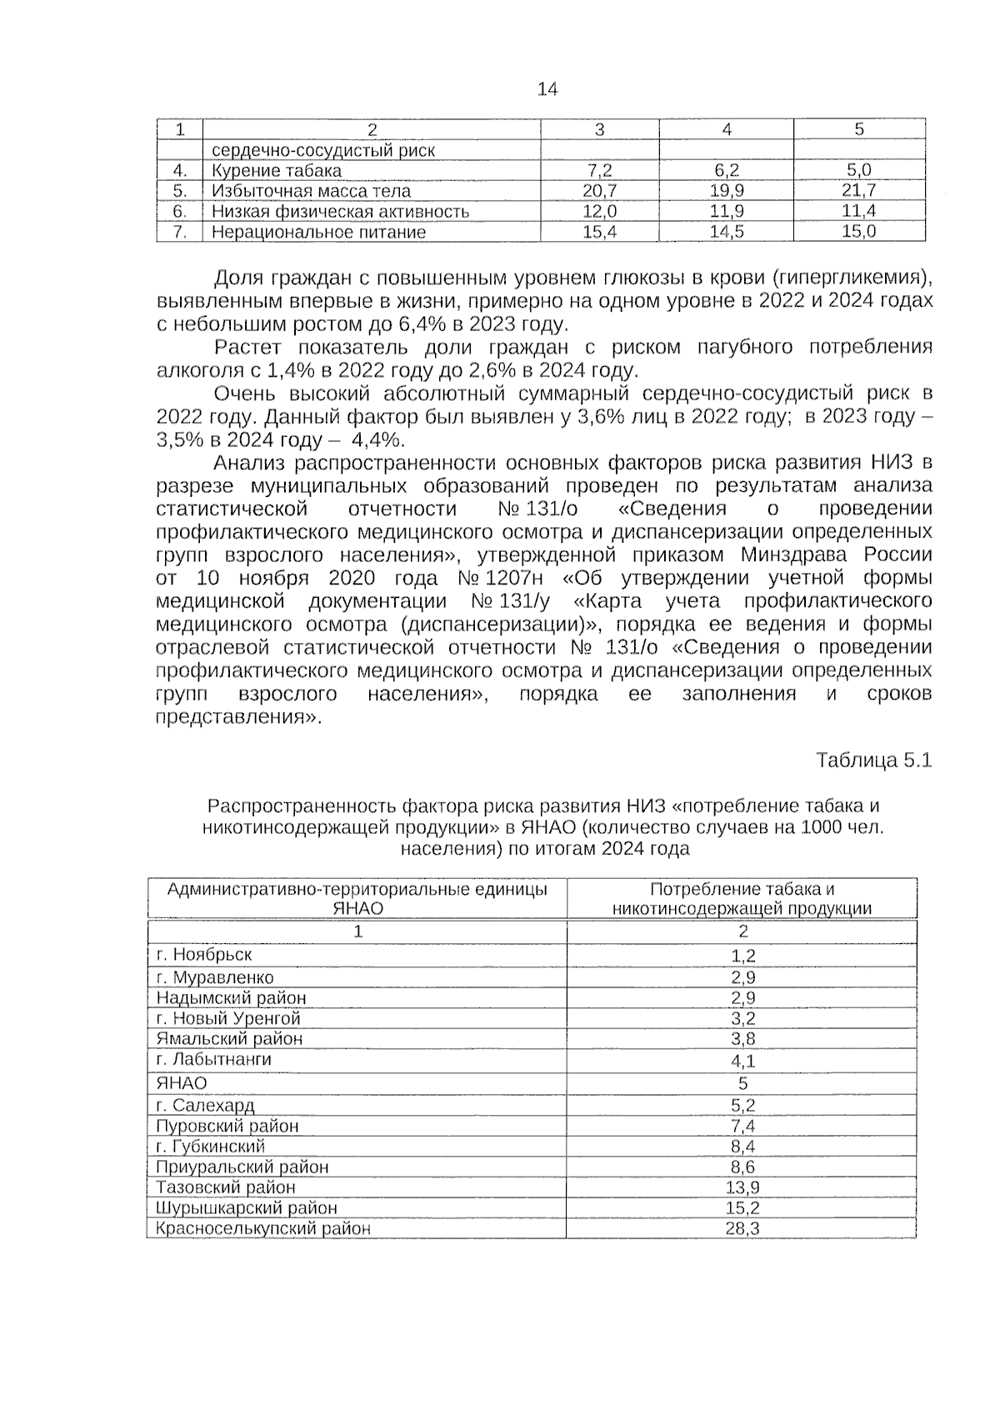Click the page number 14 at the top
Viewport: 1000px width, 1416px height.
(547, 89)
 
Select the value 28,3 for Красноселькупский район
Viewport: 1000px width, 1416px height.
(742, 1228)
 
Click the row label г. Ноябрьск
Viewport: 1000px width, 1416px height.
(204, 954)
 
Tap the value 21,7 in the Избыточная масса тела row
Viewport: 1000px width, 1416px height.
(858, 191)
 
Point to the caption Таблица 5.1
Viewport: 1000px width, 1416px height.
(873, 761)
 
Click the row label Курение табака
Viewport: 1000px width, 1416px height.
(276, 171)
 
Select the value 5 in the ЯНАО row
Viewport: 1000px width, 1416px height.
(742, 1083)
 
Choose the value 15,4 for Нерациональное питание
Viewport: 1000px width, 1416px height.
(599, 232)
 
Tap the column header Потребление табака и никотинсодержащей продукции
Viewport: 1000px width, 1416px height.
(742, 899)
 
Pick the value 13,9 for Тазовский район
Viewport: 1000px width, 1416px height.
(742, 1188)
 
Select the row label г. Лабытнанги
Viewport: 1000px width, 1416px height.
(214, 1059)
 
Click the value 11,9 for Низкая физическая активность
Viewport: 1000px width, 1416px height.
(726, 212)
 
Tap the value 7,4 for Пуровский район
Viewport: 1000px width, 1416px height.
(742, 1127)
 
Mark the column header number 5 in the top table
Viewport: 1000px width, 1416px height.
(859, 129)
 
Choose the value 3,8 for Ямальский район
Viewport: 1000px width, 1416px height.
(742, 1039)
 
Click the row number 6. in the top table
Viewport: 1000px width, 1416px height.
(179, 212)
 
